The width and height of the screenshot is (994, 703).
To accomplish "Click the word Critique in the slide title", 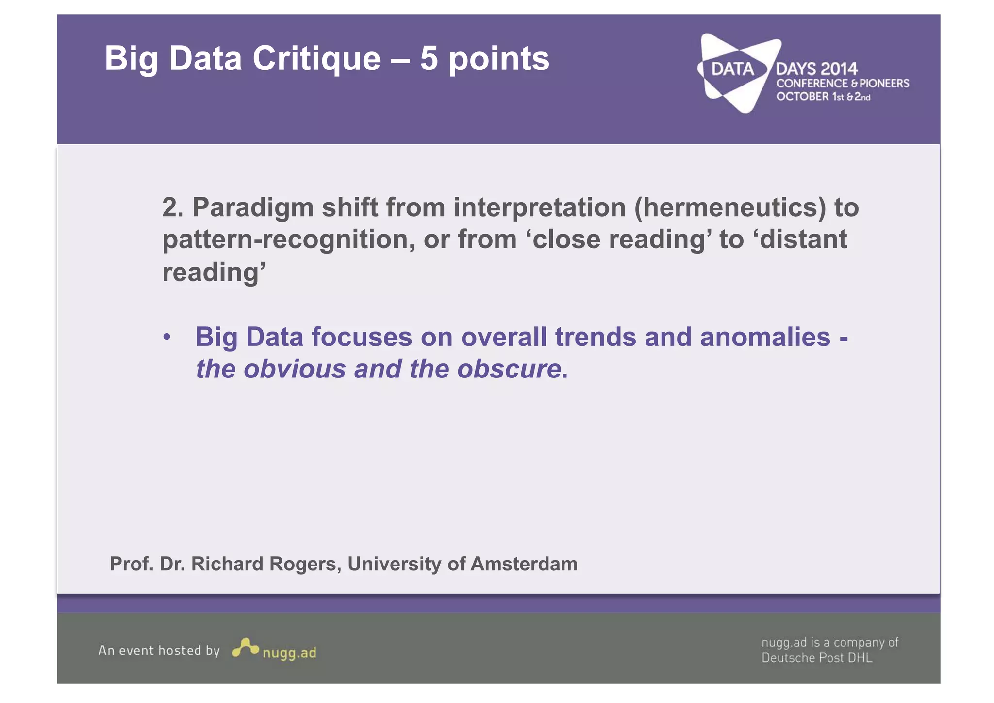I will point(316,59).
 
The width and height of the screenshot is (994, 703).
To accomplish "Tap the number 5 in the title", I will point(429,59).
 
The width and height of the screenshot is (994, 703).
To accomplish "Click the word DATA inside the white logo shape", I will point(732,69).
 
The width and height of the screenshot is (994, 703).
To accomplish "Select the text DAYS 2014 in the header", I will point(816,69).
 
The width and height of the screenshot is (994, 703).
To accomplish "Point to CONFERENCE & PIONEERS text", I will point(842,84).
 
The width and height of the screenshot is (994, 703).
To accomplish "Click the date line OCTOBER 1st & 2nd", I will point(823,97).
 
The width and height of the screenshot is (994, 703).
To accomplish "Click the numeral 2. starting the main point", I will point(173,207).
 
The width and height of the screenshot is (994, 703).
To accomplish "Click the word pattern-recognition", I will point(288,240).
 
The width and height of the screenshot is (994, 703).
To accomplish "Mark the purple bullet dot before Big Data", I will point(167,337).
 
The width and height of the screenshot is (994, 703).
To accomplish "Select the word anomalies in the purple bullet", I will point(765,337).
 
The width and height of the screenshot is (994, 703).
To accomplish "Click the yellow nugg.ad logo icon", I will point(245,648).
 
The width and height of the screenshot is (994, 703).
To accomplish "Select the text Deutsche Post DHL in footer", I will point(816,658).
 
